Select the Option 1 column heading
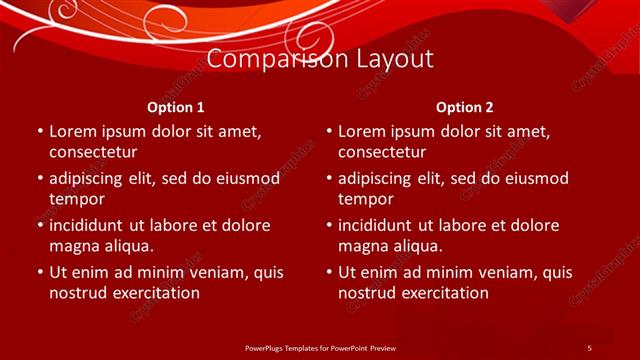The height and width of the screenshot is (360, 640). point(176,107)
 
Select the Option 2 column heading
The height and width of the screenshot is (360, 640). point(465,107)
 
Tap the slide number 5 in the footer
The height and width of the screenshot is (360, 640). point(589,347)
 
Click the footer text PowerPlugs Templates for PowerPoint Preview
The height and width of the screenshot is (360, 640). point(319,347)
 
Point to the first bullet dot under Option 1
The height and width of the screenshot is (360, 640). point(39,132)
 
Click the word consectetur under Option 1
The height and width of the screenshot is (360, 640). point(93,153)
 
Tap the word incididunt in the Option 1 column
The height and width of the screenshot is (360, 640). point(91,225)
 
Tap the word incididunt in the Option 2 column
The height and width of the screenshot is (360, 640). point(380,225)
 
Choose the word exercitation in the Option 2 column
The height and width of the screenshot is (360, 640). point(442,293)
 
